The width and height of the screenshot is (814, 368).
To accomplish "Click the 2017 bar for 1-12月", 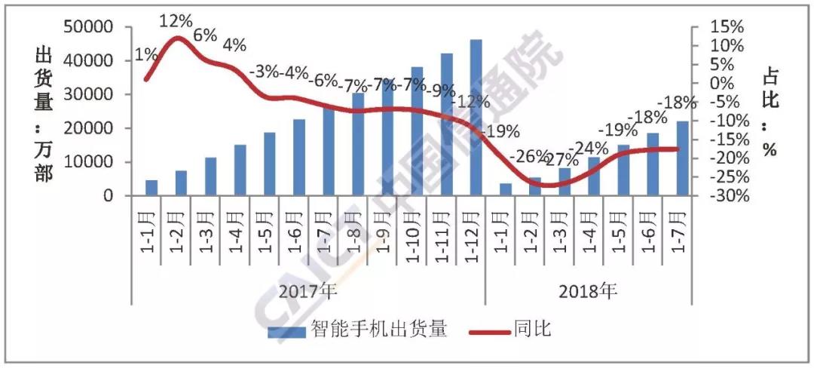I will coord(476,118).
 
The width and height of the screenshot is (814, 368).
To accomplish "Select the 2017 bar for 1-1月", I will coord(151,188).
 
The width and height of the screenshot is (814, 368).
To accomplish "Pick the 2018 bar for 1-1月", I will coord(506,189).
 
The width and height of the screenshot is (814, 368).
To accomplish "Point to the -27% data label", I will coord(562,160).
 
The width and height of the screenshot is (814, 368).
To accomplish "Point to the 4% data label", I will coord(234,44).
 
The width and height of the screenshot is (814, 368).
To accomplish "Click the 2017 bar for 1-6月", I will coord(299,157).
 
